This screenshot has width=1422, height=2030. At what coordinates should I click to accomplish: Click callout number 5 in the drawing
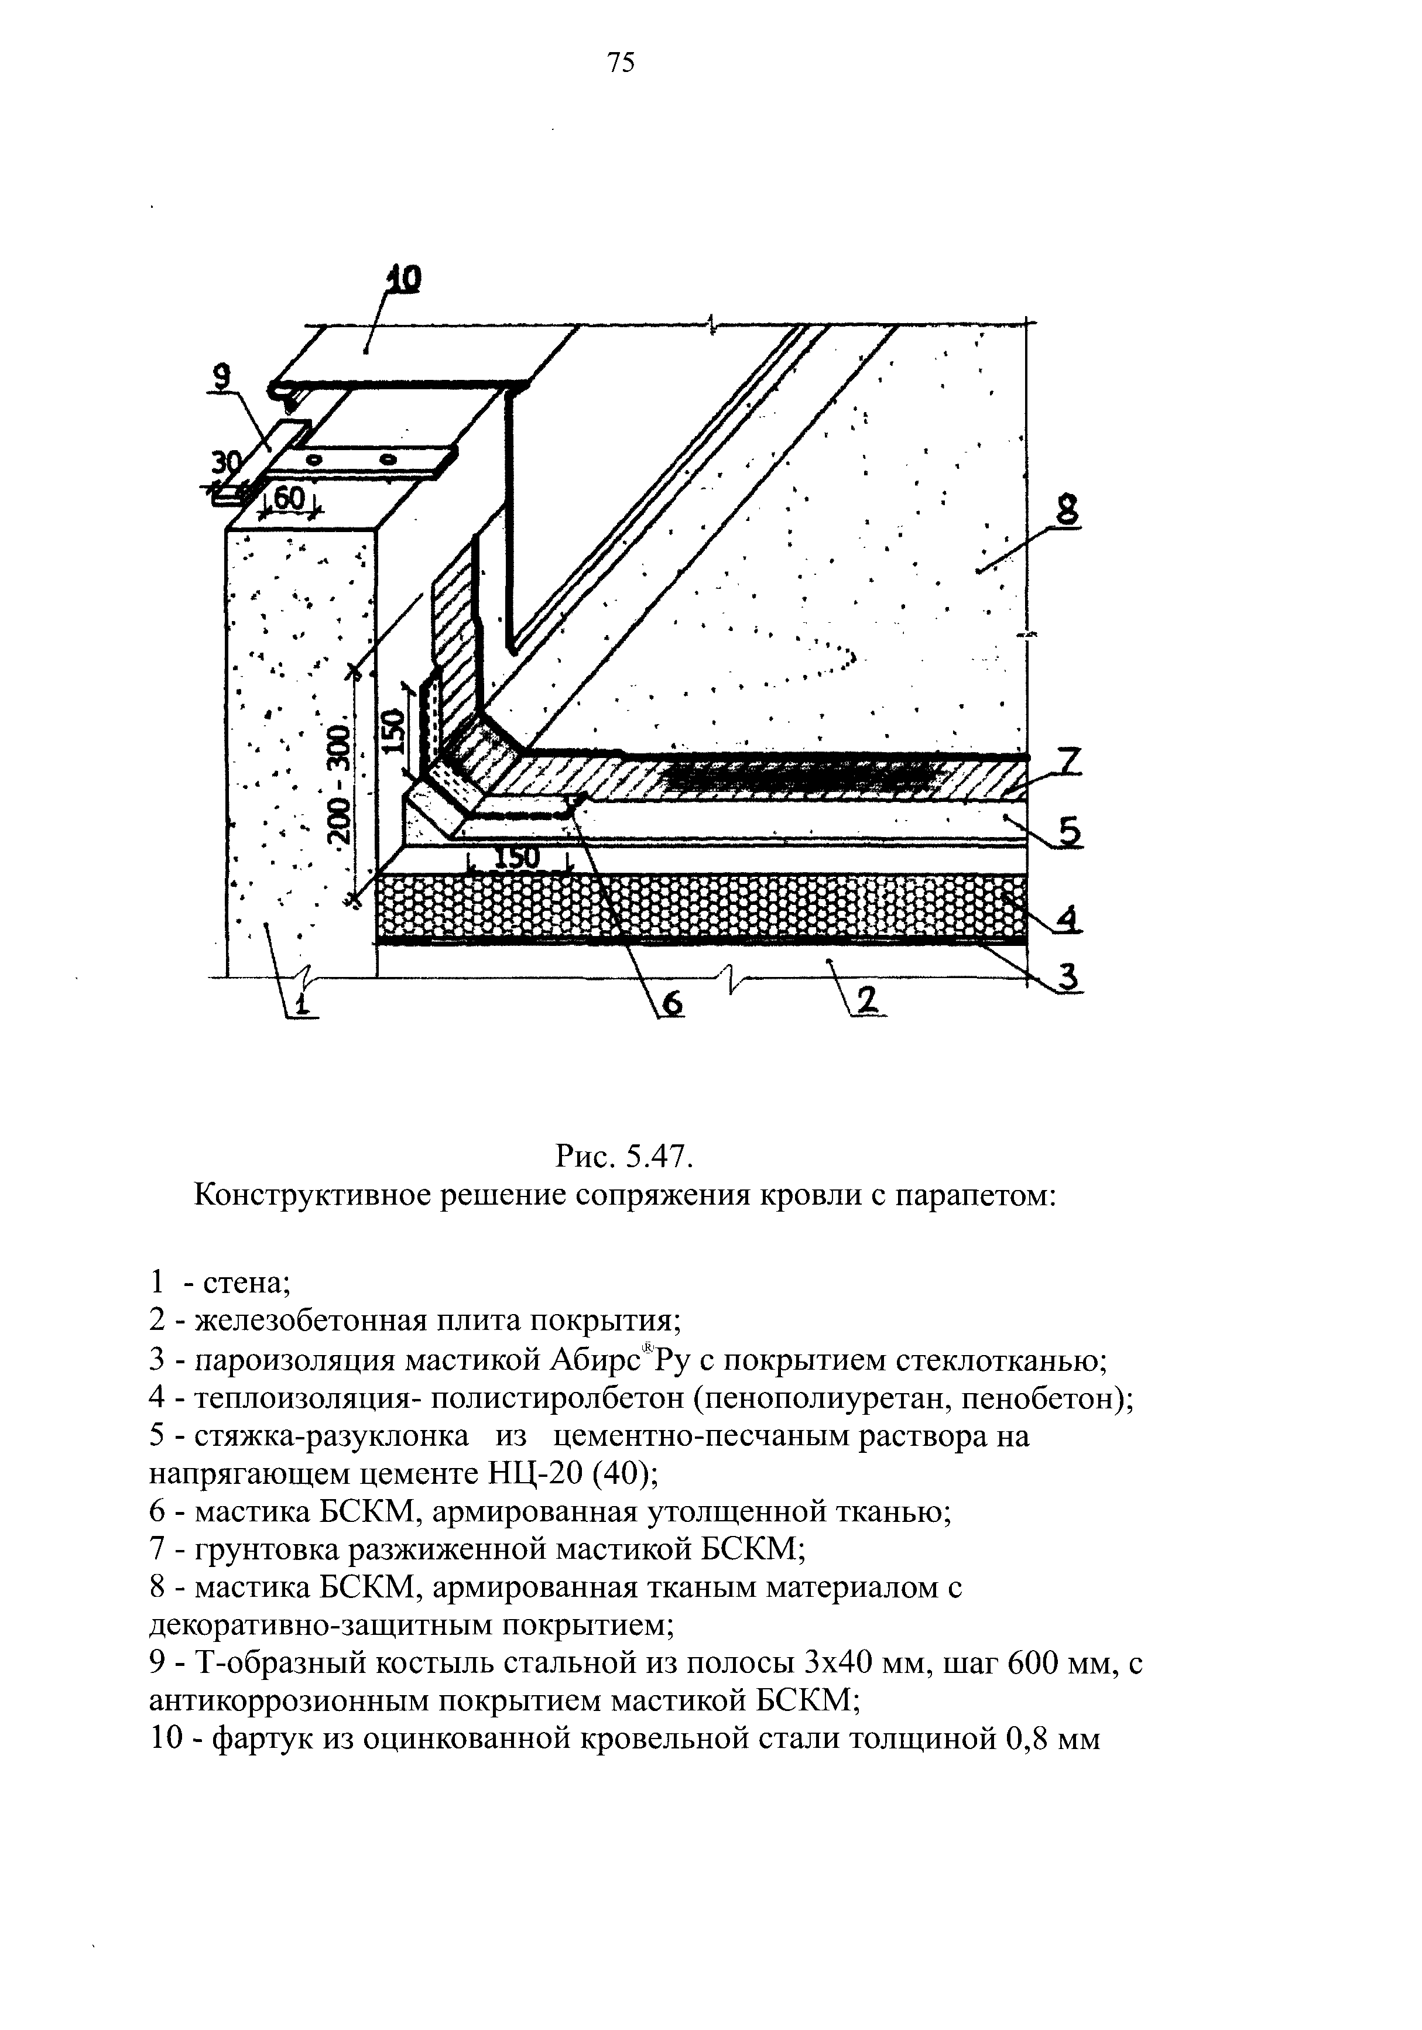click(x=1070, y=832)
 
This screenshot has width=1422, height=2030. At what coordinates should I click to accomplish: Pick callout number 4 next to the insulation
click(x=1069, y=920)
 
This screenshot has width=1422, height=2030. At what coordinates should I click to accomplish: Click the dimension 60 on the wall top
click(x=288, y=499)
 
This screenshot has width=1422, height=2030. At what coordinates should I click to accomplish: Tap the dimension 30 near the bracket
click(x=227, y=463)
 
